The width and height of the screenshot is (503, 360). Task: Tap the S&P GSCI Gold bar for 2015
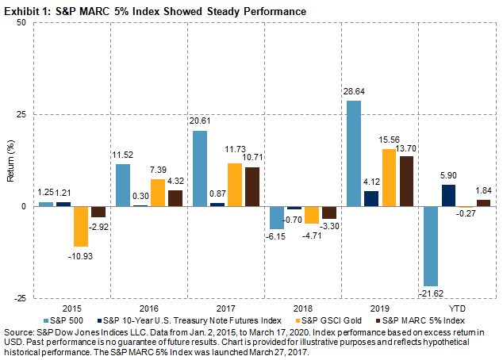point(81,226)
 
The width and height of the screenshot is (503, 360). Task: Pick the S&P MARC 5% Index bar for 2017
point(251,186)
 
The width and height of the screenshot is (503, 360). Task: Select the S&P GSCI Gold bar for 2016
point(158,193)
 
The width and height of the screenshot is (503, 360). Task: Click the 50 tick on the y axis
point(21,22)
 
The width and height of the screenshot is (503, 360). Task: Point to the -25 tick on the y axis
point(19,297)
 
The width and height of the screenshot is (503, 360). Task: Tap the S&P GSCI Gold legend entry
point(332,319)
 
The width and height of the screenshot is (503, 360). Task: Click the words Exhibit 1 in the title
point(26,8)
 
